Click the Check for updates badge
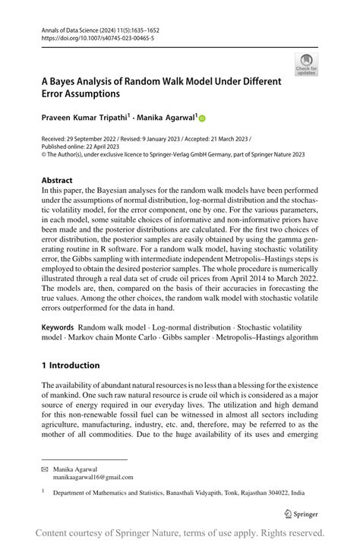point(306,65)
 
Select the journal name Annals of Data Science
point(71,28)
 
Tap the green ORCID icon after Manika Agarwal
point(203,118)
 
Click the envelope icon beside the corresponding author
point(45,469)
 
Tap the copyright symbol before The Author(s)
point(44,154)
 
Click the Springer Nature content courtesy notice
point(180,532)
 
